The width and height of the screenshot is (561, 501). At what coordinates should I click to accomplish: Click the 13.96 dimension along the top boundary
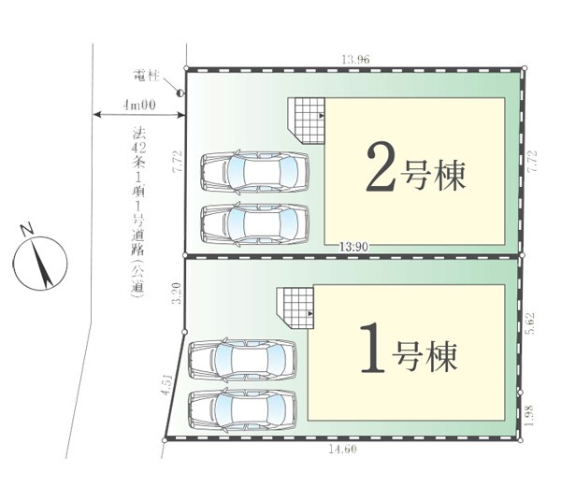tap(355, 60)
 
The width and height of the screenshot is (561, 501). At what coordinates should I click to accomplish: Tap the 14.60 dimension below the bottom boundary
tap(343, 449)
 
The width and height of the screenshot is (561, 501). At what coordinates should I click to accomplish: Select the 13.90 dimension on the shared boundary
tap(353, 247)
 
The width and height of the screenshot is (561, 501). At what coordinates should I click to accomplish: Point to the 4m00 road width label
tap(139, 105)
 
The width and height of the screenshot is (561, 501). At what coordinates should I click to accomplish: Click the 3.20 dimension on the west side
tap(177, 293)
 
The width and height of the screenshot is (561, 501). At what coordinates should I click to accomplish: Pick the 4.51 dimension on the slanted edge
tap(167, 384)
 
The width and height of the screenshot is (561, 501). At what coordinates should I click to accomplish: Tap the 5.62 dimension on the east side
tap(530, 322)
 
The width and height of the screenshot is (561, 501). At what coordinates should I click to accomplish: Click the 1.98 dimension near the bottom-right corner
tap(530, 415)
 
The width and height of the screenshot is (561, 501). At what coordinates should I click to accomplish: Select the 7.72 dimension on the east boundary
tap(532, 162)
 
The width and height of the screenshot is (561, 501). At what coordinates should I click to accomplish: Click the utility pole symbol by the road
tap(180, 93)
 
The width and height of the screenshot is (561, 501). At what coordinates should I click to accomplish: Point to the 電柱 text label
tap(146, 76)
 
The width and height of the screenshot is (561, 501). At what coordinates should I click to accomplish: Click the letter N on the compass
tap(27, 229)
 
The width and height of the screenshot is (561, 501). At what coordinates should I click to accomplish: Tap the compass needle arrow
tap(41, 264)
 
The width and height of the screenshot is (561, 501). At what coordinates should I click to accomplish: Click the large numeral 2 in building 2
tap(381, 166)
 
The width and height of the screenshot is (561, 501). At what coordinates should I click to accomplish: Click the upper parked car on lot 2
tap(254, 171)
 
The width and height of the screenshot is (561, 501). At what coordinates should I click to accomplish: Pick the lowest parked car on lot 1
tap(242, 408)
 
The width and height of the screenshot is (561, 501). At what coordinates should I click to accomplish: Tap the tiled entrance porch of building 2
tap(307, 121)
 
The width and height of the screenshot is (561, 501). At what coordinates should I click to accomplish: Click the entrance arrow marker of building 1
tap(310, 313)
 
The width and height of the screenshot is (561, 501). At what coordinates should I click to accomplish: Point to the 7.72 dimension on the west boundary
tap(178, 162)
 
